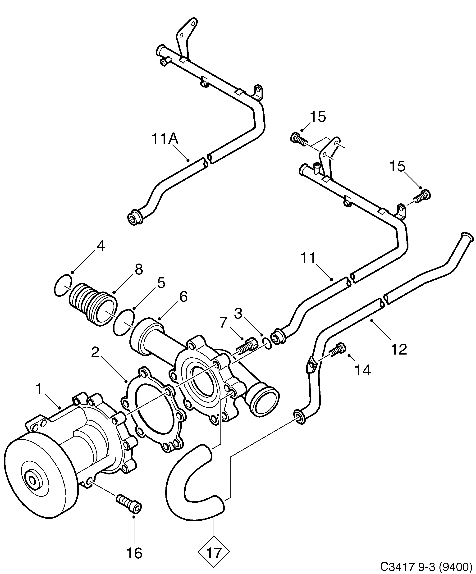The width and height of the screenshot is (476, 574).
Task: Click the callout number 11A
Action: [x=165, y=139]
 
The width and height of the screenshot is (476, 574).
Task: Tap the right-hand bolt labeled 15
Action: [x=423, y=196]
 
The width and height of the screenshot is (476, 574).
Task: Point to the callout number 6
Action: [x=183, y=296]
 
